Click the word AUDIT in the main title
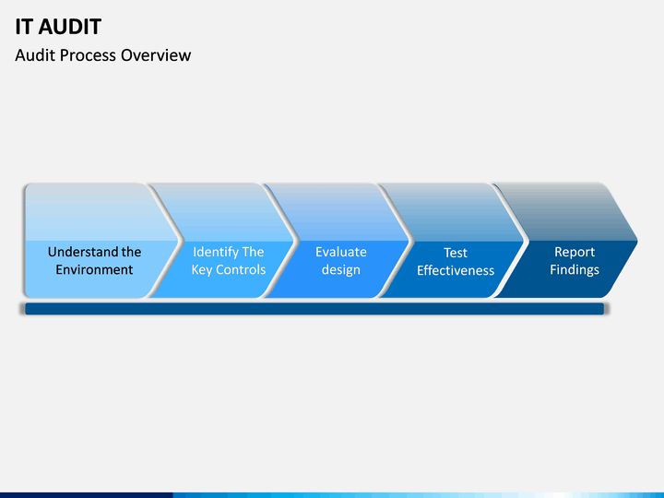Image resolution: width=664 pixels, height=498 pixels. point(69,27)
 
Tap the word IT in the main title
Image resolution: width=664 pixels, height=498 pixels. point(23,27)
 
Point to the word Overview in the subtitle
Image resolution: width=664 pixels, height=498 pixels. point(156,55)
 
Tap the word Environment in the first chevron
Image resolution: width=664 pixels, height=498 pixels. point(94,269)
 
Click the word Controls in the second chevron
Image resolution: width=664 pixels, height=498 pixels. point(241,269)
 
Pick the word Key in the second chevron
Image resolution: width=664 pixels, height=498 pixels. point(202,270)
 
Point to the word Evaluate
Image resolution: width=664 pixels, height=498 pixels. point(341,252)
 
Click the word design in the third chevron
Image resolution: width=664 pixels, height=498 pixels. point(341,269)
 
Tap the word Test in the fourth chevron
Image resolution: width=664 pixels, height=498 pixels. point(456,253)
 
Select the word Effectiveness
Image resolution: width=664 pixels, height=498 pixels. point(456,270)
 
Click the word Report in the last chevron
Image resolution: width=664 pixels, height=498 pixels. point(575,253)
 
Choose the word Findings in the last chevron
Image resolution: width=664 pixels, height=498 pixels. point(575,270)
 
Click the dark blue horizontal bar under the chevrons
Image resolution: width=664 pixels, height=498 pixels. point(314,309)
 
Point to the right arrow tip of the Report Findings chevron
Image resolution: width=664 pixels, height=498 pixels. point(638,242)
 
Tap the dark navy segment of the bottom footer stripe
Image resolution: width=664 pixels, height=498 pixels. point(87,495)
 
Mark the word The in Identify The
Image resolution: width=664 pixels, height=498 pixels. point(254,252)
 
